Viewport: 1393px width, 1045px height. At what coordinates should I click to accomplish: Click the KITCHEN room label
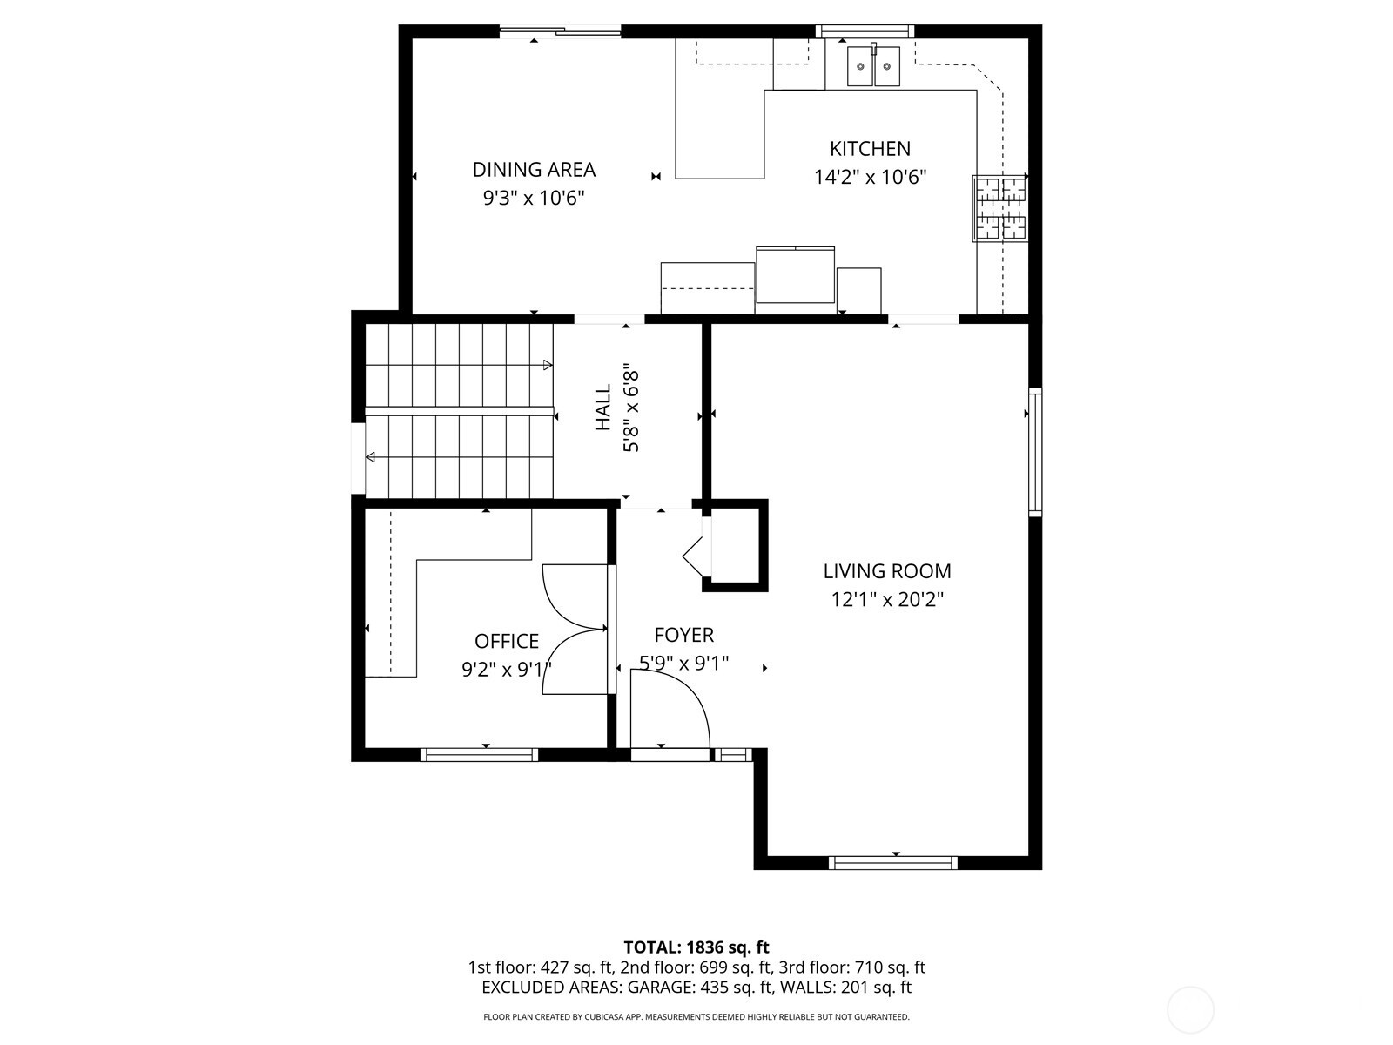870,149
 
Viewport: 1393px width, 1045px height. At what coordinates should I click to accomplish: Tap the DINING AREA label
534,170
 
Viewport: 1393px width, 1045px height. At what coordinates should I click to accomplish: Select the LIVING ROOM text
887,571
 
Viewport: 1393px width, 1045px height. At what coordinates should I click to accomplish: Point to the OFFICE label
507,642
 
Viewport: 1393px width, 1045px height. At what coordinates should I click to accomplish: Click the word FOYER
684,636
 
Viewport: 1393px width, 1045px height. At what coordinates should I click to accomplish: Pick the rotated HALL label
603,408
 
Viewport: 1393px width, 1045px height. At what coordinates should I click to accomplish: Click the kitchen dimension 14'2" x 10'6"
870,178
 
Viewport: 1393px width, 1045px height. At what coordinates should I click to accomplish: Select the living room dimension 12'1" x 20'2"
887,600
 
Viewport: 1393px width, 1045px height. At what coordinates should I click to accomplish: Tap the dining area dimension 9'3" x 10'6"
534,199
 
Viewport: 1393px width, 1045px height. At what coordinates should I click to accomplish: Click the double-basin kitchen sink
874,66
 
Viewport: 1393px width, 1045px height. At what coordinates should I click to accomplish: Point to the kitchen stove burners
1000,208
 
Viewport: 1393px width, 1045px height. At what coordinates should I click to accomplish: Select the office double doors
575,630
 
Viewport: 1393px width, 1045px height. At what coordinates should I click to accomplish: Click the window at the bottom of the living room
894,862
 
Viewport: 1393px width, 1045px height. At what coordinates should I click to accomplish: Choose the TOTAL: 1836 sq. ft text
696,947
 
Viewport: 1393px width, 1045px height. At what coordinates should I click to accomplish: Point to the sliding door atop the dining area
561,33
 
